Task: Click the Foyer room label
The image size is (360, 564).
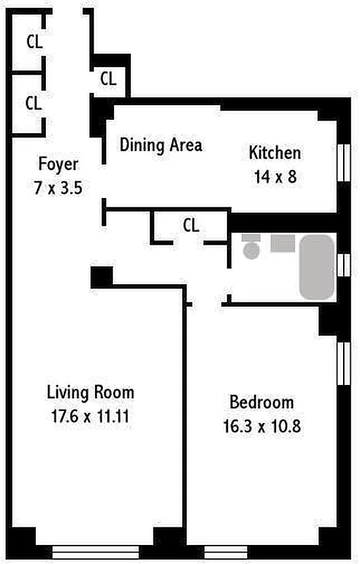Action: (58, 164)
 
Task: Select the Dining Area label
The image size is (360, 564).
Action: (161, 145)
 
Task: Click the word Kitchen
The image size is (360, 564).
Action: (275, 153)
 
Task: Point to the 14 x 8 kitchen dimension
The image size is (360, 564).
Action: (275, 176)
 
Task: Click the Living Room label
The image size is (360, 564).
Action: (90, 393)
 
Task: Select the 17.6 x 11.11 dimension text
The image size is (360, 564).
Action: (90, 416)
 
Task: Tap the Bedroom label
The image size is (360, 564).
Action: (261, 403)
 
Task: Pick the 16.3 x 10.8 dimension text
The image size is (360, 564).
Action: (261, 427)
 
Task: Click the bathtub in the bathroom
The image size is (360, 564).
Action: (316, 267)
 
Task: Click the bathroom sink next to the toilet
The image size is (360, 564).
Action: (283, 243)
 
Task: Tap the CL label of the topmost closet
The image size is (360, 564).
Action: (34, 42)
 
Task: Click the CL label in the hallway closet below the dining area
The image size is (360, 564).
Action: (190, 226)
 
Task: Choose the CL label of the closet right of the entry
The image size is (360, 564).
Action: (108, 79)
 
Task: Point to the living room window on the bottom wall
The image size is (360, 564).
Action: (95, 552)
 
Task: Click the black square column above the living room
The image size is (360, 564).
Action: (101, 277)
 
